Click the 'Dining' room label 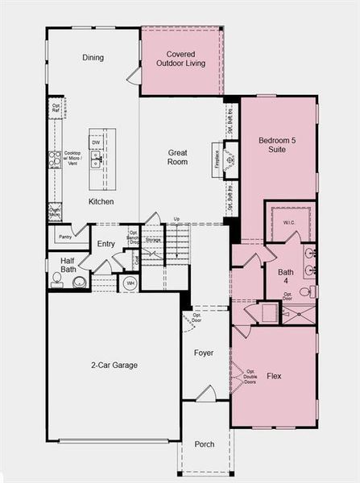[93, 58]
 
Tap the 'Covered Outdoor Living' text [181, 59]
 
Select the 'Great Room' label [178, 157]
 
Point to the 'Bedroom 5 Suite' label [277, 146]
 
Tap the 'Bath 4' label [286, 276]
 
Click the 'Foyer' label [204, 353]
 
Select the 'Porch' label [205, 444]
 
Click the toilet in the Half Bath [57, 280]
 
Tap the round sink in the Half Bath [80, 282]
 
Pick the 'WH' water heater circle [130, 283]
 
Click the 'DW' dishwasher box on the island [96, 142]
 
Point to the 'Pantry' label [65, 237]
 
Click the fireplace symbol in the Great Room [230, 159]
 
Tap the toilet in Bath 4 [306, 291]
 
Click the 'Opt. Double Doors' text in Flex [250, 376]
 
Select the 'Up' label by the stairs [176, 219]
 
